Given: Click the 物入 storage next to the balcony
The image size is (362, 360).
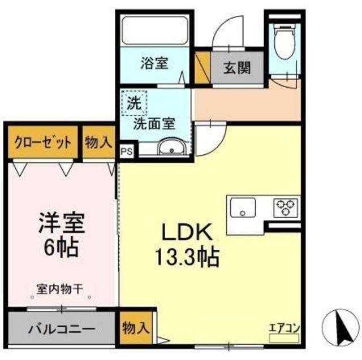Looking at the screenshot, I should [136, 327].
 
